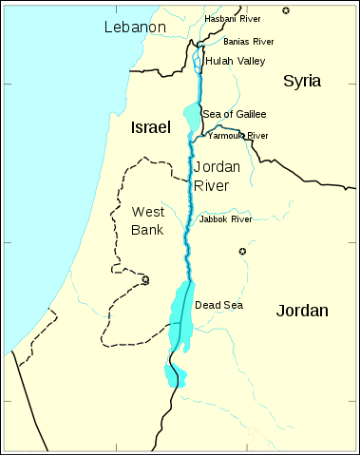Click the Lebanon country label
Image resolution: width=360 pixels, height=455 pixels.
(133, 28)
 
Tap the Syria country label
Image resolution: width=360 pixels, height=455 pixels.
(302, 82)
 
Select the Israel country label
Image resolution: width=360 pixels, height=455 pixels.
(150, 126)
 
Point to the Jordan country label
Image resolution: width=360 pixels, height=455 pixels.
(302, 311)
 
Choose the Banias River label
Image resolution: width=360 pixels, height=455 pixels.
(248, 42)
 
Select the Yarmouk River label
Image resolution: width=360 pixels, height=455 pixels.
(237, 136)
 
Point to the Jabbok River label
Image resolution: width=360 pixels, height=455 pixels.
(225, 219)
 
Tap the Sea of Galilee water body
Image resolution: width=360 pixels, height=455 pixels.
(193, 118)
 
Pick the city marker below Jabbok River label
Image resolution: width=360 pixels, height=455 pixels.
(242, 251)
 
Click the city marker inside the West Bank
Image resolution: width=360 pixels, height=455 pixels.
(145, 280)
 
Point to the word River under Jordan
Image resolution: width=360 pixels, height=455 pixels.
(212, 185)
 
